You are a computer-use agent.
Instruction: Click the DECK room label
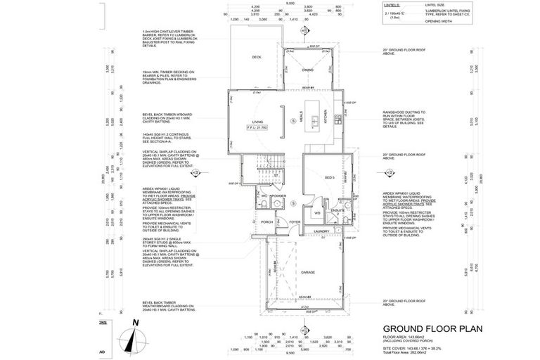pos(257,57)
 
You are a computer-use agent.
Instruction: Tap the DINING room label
pos(308,70)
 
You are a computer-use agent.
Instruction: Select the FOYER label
pos(294,222)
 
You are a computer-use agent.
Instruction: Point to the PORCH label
pos(267,222)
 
